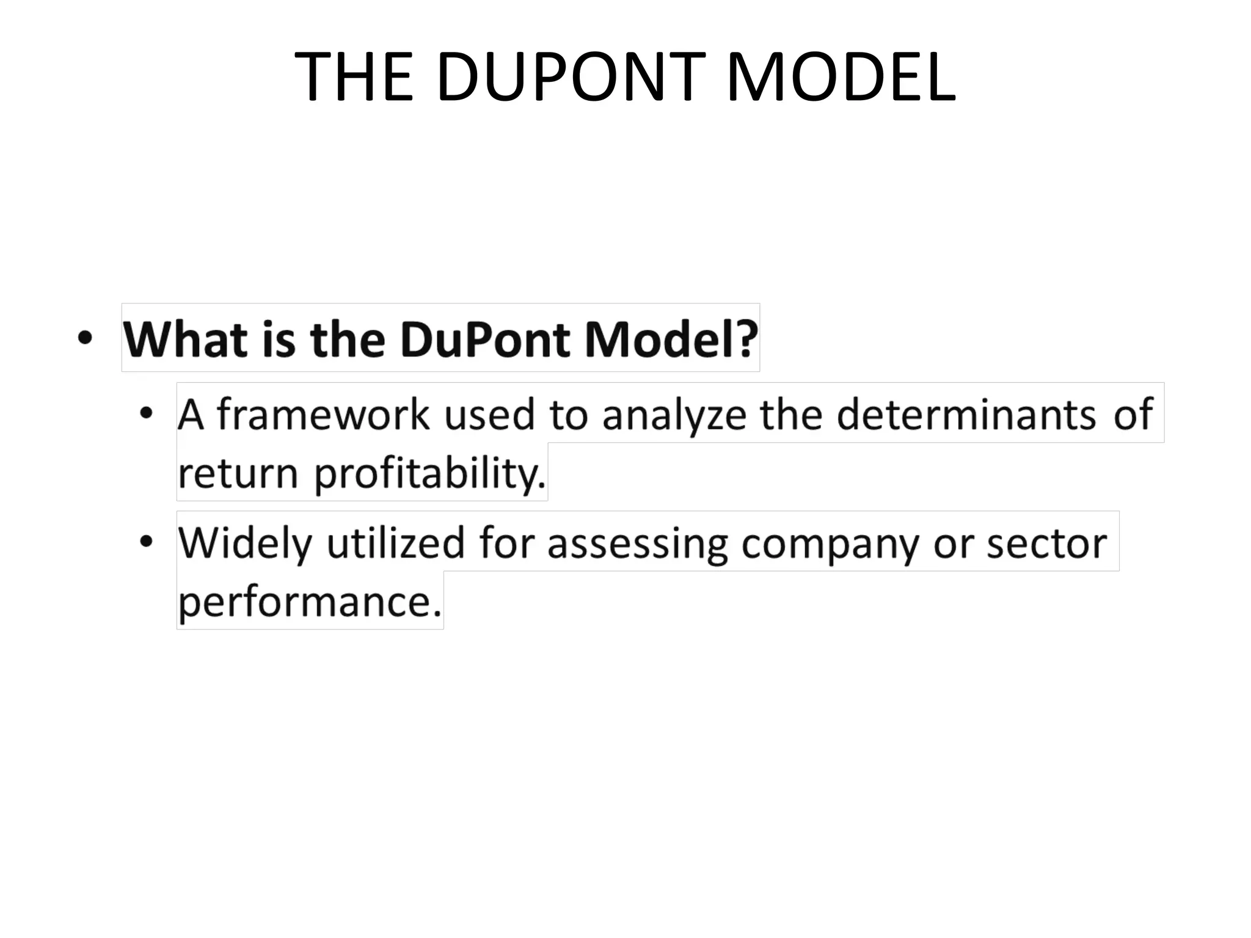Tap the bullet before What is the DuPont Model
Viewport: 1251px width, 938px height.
pos(85,338)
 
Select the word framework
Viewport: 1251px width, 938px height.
pos(324,414)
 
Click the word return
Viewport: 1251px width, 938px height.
pos(238,474)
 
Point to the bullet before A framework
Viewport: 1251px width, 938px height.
pos(145,413)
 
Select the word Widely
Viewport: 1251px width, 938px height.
pos(245,542)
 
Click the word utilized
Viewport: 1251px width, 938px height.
pos(396,542)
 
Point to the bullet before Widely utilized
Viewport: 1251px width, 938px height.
pos(145,542)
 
